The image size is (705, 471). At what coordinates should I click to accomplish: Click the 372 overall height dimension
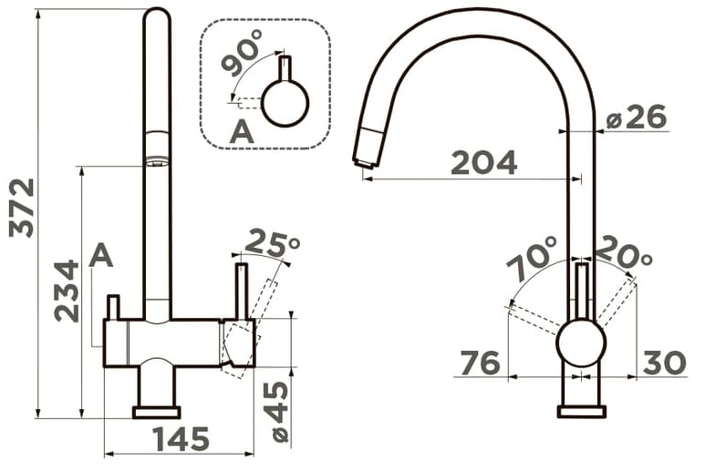[x=22, y=208]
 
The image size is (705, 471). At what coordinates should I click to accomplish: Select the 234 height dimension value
[x=67, y=291]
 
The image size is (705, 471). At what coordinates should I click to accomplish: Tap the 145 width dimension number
[x=181, y=439]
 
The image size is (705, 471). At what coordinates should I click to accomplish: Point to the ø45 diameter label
[x=275, y=412]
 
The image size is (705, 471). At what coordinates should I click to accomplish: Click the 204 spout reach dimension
[x=483, y=162]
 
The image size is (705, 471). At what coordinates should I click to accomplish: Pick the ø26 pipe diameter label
[x=636, y=117]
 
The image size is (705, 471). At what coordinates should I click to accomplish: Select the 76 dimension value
[x=481, y=363]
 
